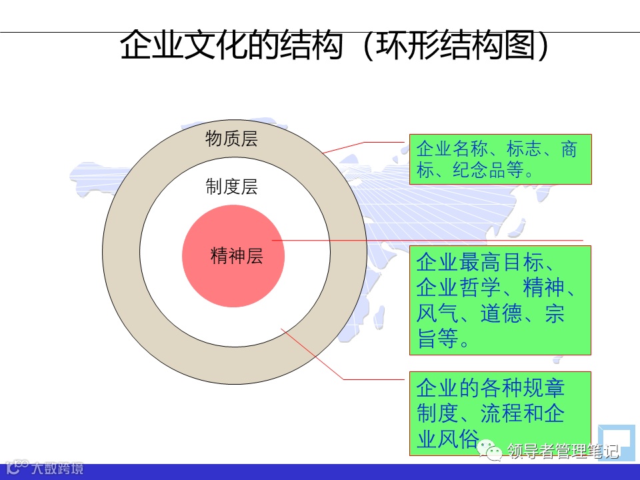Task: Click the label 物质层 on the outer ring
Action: pos(231,139)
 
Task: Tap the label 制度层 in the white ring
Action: pos(231,187)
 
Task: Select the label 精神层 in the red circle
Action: pos(237,256)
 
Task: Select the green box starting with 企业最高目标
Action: pos(499,300)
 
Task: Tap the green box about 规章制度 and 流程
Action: pos(499,413)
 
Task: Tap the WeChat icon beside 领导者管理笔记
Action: pos(494,452)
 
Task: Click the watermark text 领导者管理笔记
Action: pos(563,452)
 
